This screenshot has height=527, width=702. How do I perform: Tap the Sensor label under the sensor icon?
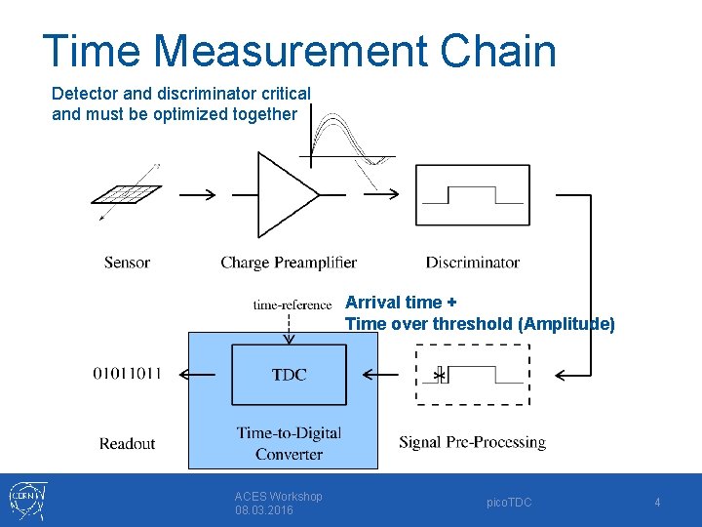click(127, 262)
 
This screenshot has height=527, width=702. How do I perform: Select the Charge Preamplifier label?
click(289, 262)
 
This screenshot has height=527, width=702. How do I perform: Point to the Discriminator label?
click(473, 262)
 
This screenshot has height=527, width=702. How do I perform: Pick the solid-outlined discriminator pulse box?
click(473, 195)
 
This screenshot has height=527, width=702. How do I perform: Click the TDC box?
click(289, 375)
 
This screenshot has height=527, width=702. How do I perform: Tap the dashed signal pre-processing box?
click(473, 375)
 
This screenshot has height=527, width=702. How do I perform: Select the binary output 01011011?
click(128, 373)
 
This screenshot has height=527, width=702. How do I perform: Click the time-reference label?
click(292, 304)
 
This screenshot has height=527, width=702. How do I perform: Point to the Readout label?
click(127, 443)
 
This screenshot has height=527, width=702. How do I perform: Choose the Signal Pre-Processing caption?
click(472, 442)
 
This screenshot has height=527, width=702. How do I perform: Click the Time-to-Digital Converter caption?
click(289, 443)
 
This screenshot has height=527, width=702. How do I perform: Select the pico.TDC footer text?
click(509, 502)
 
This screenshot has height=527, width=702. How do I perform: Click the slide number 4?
click(657, 502)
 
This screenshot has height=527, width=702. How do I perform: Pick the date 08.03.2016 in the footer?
click(263, 510)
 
